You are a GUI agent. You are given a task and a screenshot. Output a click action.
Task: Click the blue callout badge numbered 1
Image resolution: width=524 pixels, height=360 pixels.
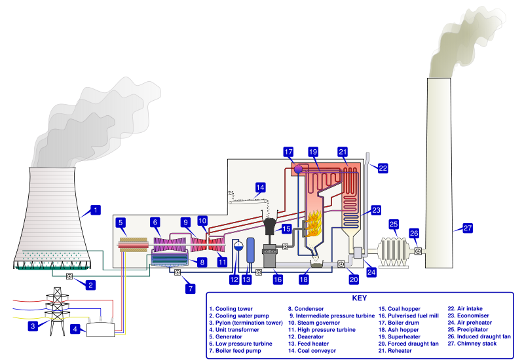click(96, 210)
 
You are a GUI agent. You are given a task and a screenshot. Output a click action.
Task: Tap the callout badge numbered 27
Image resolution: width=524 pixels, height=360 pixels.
click(467, 228)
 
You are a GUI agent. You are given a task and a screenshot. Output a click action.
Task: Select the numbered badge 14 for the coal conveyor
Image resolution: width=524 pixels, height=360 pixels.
click(261, 187)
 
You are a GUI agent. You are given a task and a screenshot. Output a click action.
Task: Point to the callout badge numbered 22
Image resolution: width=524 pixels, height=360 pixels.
click(383, 168)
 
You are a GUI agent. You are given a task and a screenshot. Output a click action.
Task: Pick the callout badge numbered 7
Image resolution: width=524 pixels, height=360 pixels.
click(189, 287)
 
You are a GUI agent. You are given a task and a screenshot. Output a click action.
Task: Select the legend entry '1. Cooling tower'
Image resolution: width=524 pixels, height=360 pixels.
click(233, 308)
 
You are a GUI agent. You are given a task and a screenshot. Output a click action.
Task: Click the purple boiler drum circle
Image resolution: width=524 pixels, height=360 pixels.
click(298, 168)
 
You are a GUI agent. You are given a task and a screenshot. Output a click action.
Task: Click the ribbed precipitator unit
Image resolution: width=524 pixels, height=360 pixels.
click(394, 251)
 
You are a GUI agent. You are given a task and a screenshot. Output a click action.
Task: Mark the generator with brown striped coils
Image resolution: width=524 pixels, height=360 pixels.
click(132, 244)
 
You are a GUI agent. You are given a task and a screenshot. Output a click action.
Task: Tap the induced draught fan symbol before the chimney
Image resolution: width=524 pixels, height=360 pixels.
click(418, 251)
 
